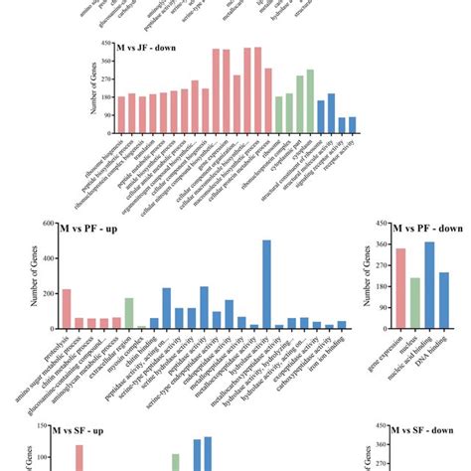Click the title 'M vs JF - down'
pyautogui.click(x=150, y=47)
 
